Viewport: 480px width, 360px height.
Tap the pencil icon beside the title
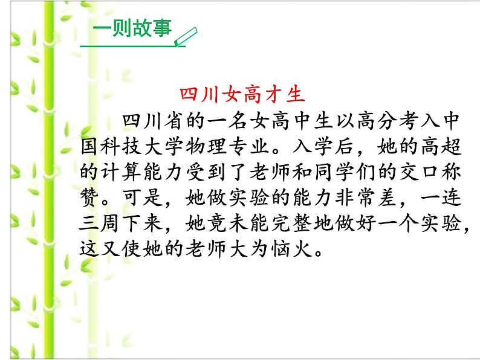click(x=186, y=36)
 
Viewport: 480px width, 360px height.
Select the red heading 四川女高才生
click(x=241, y=95)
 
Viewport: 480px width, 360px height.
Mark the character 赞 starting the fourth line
click(x=89, y=199)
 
